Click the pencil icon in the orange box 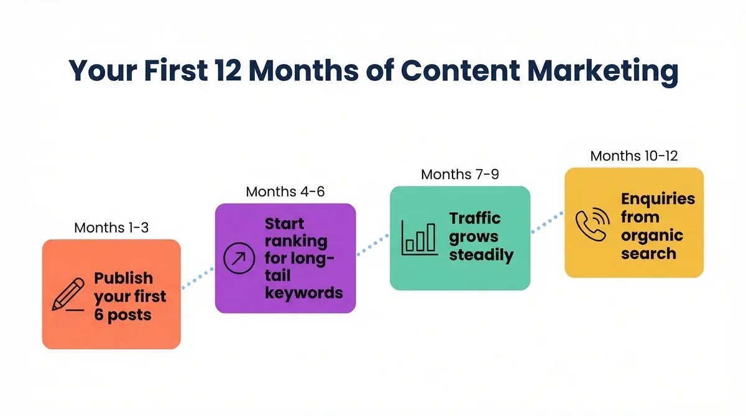68,295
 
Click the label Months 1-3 111,228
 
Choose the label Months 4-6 285,192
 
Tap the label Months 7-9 459,175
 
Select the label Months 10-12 634,156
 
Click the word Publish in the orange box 123,278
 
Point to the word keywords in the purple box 304,292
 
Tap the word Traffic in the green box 475,218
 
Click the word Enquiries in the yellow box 658,199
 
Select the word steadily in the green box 481,255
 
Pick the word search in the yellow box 648,253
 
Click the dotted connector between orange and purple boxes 198,278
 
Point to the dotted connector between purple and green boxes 373,243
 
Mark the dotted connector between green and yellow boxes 547,222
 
